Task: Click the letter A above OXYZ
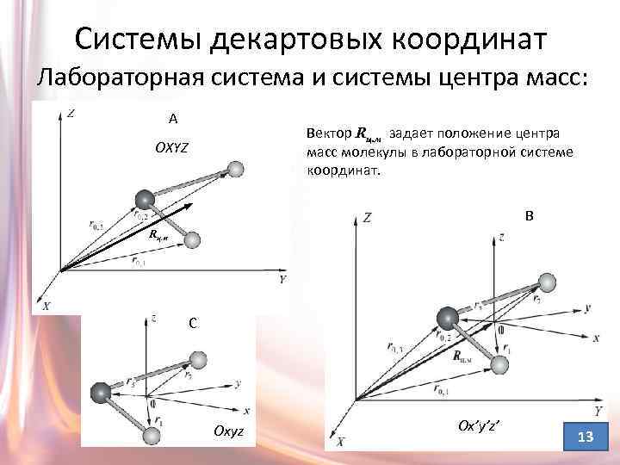point(173,119)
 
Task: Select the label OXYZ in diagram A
point(171,148)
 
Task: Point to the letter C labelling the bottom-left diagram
point(195,324)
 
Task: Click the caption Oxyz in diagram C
point(228,430)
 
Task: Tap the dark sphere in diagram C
point(102,394)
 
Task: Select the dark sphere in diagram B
point(448,319)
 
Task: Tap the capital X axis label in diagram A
point(46,306)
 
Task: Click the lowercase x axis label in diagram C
point(246,412)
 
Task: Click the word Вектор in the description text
point(328,133)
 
